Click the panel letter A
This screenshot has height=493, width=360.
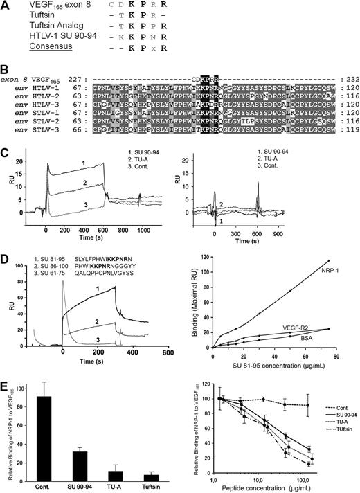point(6,6)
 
